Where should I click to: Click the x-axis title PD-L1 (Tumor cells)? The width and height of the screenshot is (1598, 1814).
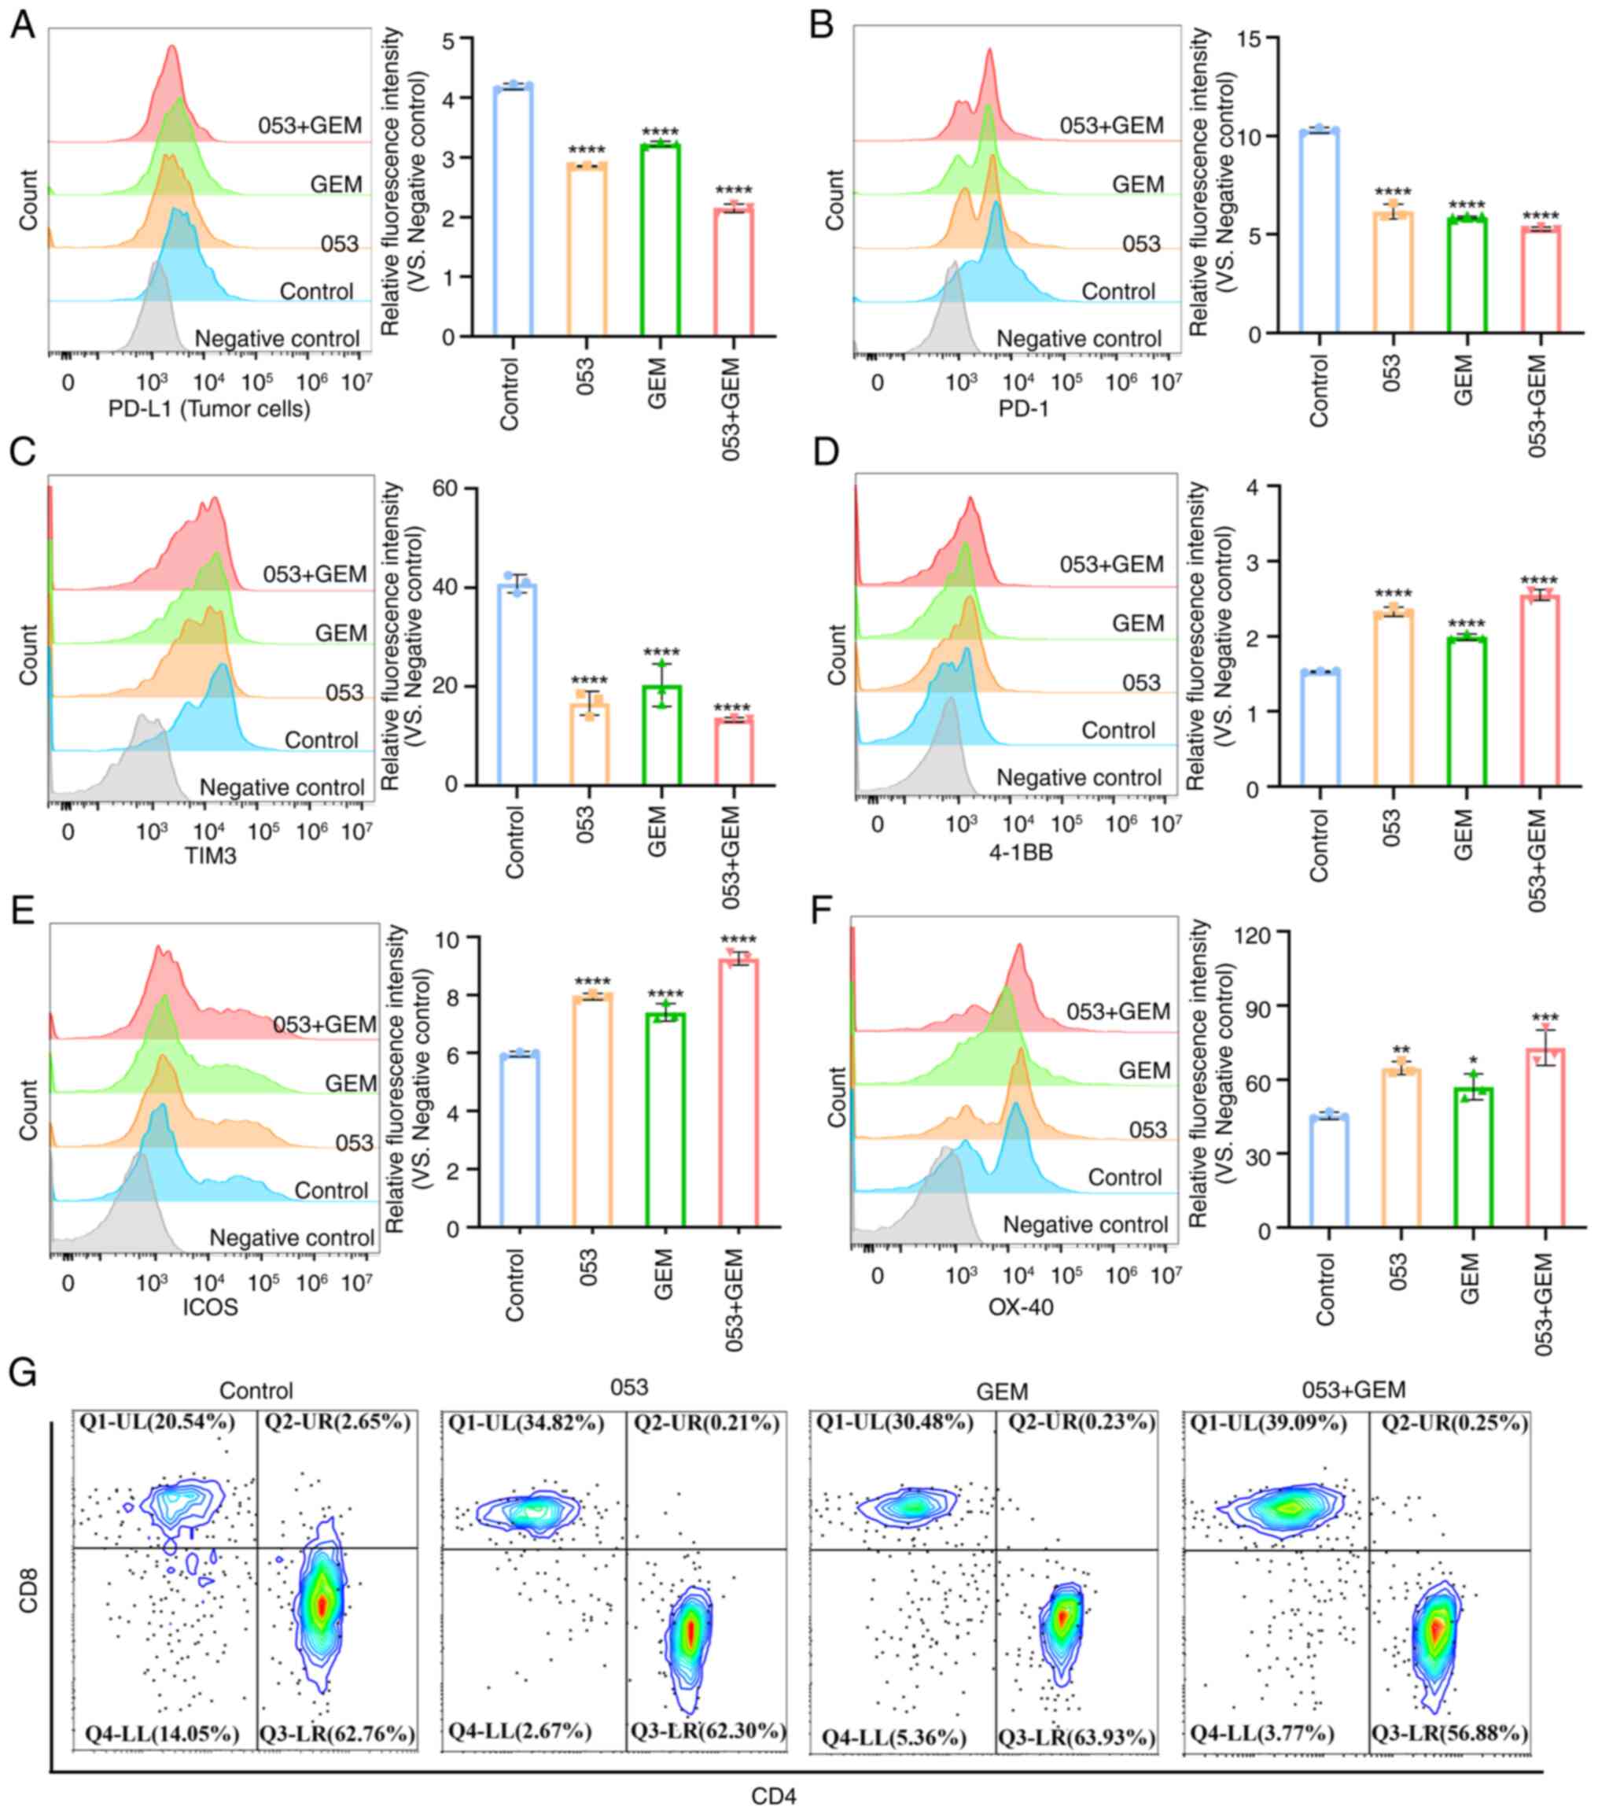(209, 409)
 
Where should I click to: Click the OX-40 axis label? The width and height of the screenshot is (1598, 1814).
(1021, 1307)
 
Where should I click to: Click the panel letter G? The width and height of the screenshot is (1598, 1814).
(22, 1372)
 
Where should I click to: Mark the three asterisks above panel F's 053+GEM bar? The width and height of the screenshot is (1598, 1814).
(1545, 1018)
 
